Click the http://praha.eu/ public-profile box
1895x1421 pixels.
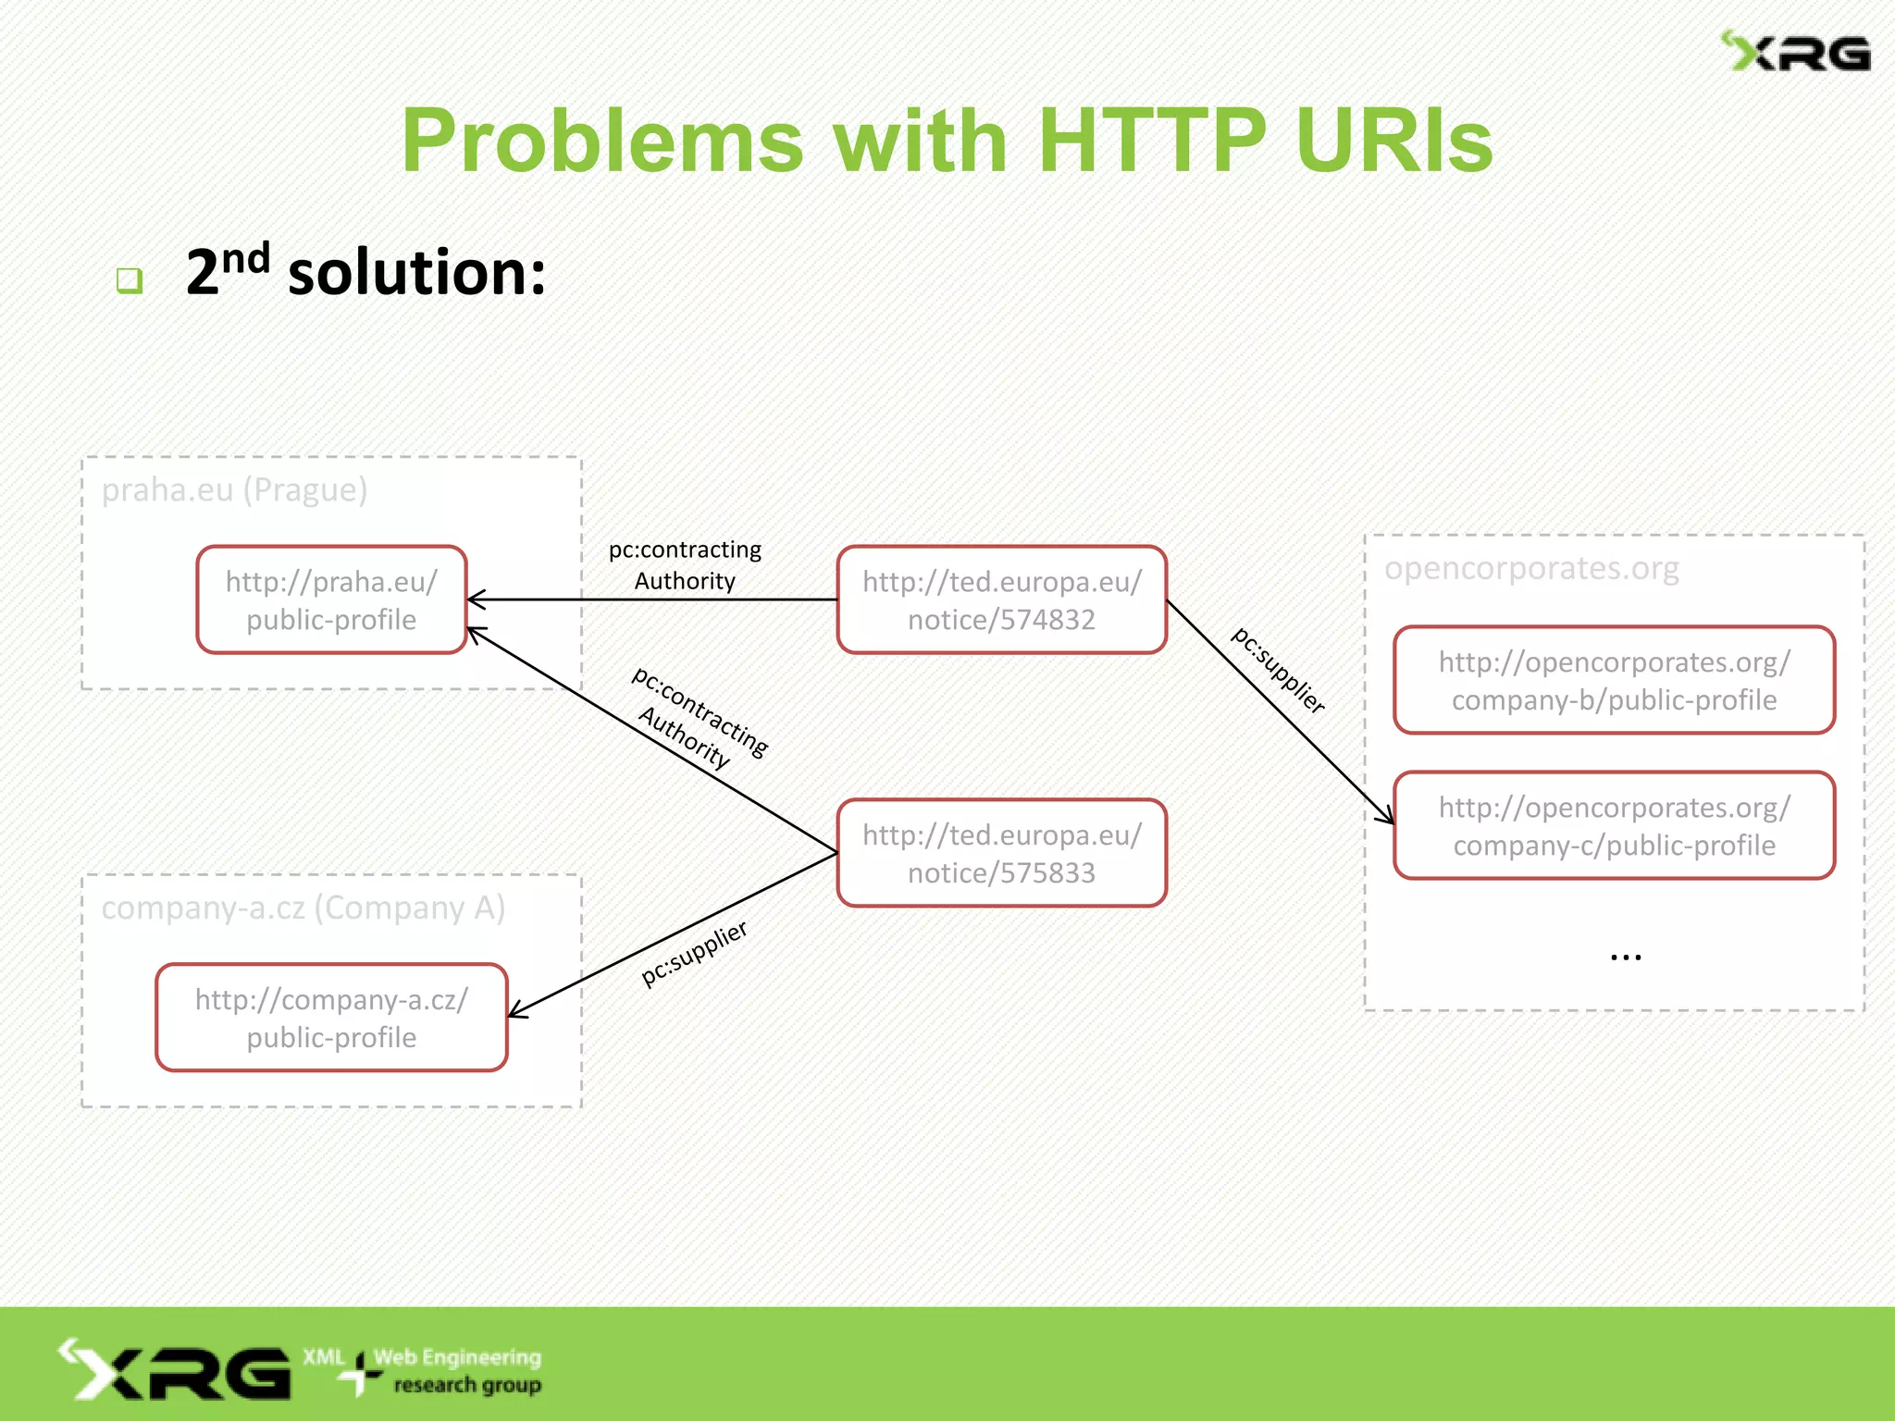331,599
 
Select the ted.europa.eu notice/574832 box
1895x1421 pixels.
1001,599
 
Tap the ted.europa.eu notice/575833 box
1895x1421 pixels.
1001,853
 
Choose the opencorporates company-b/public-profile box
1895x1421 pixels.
1614,680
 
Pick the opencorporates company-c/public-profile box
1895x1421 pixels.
1614,825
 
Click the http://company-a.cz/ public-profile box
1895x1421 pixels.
331,1018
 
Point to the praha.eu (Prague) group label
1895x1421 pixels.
234,489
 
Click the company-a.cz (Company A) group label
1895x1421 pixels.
303,908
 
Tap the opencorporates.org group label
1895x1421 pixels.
1531,567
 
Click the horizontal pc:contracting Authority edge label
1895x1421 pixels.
685,564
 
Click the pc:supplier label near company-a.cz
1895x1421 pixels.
694,953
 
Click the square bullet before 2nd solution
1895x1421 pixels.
130,279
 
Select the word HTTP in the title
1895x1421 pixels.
1151,141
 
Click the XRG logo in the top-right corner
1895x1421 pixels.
1795,52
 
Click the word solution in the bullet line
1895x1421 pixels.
416,274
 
